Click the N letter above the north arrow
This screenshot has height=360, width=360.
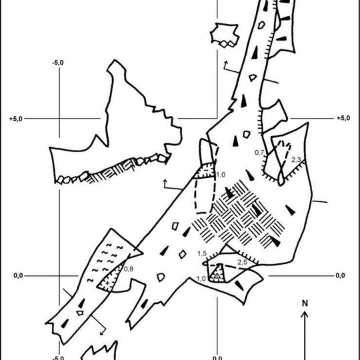(x=305, y=303)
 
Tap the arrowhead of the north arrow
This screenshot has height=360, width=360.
(x=305, y=314)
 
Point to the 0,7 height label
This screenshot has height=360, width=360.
(x=259, y=153)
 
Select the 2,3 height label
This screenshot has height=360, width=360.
(x=296, y=160)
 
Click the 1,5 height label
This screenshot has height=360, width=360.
(x=202, y=253)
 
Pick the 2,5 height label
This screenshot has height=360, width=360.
(x=243, y=262)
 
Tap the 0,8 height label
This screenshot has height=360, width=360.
(x=129, y=269)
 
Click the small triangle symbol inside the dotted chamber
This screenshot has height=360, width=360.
(x=217, y=276)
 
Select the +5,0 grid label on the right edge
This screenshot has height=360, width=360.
(x=343, y=118)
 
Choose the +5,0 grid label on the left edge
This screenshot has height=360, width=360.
(x=16, y=119)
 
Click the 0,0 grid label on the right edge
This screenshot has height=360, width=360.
(x=340, y=275)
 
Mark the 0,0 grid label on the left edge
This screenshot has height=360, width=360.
(x=18, y=275)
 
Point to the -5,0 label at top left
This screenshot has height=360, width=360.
(x=58, y=63)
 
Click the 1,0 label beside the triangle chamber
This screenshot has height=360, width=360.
(x=201, y=279)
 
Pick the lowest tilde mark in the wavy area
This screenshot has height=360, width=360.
(x=91, y=280)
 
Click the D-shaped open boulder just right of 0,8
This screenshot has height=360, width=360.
(x=161, y=277)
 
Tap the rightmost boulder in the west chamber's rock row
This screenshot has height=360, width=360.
(x=162, y=158)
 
